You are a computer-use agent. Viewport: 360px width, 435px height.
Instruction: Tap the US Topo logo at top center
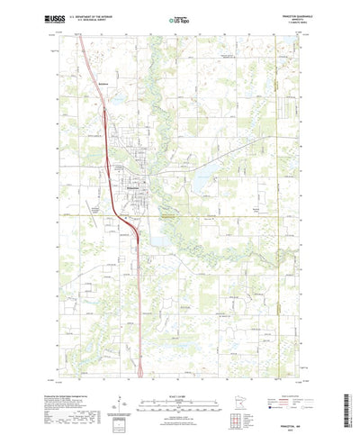180,17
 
